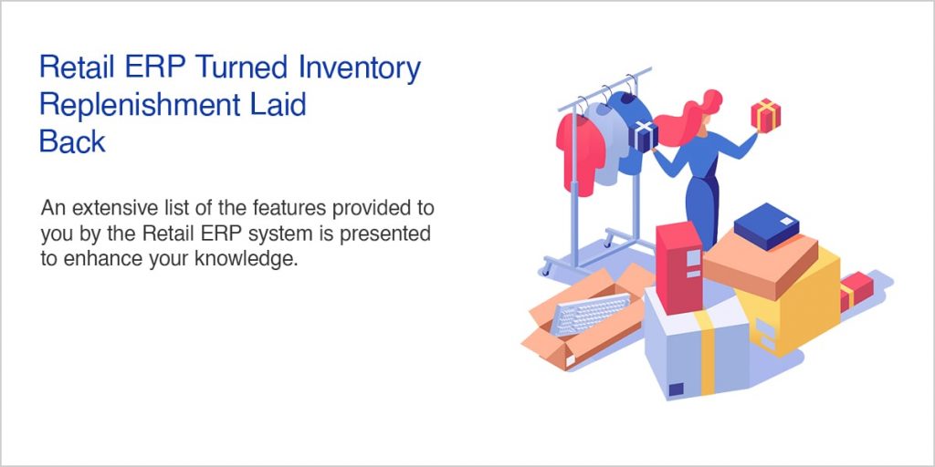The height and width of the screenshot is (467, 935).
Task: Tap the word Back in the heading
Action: [72, 141]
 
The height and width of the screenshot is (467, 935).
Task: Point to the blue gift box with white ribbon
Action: [646, 136]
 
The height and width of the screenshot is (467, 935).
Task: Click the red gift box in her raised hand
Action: [765, 115]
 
